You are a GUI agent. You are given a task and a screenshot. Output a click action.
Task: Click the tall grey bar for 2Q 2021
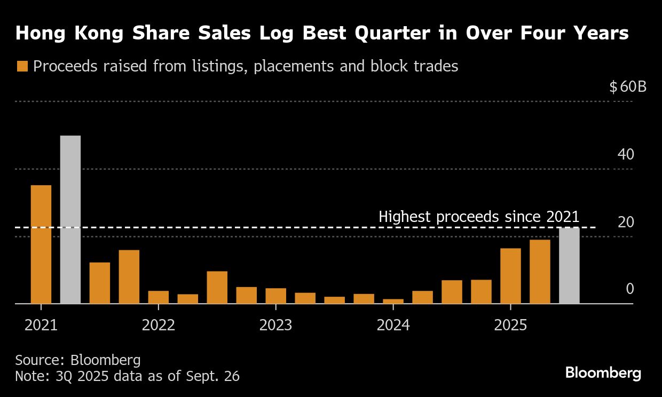coord(70,219)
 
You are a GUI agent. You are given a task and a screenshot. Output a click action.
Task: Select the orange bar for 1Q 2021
coord(41,244)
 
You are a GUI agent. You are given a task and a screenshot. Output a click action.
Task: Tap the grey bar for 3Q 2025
coord(569,266)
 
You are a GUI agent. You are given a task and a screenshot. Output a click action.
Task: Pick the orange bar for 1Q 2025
coord(510,276)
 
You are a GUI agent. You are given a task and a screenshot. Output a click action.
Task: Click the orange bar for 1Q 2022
coord(159,297)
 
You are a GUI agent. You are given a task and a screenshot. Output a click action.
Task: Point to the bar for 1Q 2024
coord(393,301)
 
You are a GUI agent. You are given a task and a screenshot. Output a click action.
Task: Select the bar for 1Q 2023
coord(276,296)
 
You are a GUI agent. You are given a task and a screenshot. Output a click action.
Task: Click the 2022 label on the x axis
coord(159,325)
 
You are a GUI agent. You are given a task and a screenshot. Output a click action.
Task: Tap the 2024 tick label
coord(393,325)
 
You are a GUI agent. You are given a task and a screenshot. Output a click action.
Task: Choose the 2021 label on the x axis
coord(41,325)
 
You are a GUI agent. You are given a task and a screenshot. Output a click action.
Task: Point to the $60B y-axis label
coord(628,86)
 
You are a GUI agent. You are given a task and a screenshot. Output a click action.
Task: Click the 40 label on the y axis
coord(626,155)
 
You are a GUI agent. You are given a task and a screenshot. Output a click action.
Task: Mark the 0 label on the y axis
coord(630,289)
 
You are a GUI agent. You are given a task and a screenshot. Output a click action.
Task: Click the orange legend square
coord(22,66)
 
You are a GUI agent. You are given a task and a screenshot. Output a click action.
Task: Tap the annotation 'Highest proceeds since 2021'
coord(479,217)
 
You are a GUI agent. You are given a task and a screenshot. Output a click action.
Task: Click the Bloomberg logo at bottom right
coord(603,373)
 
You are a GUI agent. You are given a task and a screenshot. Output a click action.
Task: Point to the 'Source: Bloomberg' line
coord(78,360)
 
